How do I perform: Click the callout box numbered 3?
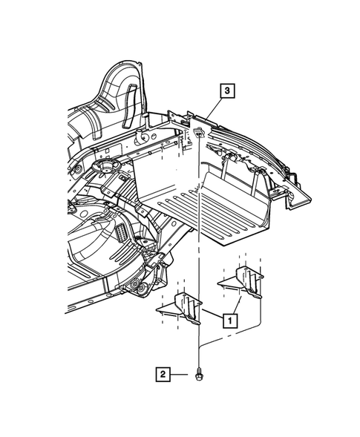227,91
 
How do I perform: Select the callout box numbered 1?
230,321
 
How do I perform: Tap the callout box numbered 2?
163,374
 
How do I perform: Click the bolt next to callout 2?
198,374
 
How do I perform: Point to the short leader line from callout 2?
179,374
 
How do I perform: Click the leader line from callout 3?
215,109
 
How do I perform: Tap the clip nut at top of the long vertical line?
198,132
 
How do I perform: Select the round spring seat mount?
105,166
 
